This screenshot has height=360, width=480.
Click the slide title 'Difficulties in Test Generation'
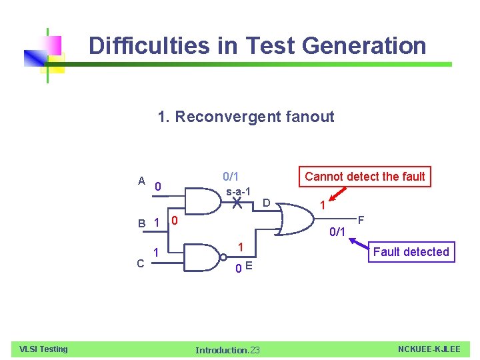pos(257,46)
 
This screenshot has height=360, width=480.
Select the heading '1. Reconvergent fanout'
pos(245,117)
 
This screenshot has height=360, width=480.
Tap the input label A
pos(141,181)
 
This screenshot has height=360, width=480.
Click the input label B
pos(142,224)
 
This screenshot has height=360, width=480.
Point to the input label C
pos(141,263)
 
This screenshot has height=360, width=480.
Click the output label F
pos(361,219)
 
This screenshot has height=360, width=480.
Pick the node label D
pos(265,203)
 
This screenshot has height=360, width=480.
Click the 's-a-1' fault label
pos(239,192)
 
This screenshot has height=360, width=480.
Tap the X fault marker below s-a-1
pos(237,205)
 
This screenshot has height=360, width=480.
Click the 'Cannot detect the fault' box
pos(364,177)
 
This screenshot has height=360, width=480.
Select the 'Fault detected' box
pos(411,252)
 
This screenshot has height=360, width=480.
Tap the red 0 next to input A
pos(157,187)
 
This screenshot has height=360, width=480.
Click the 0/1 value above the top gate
pos(231,177)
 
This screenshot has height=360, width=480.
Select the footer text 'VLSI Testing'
pos(43,349)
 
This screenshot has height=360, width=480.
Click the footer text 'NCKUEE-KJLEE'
pos(429,349)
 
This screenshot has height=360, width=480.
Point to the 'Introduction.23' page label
pos(227,350)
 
